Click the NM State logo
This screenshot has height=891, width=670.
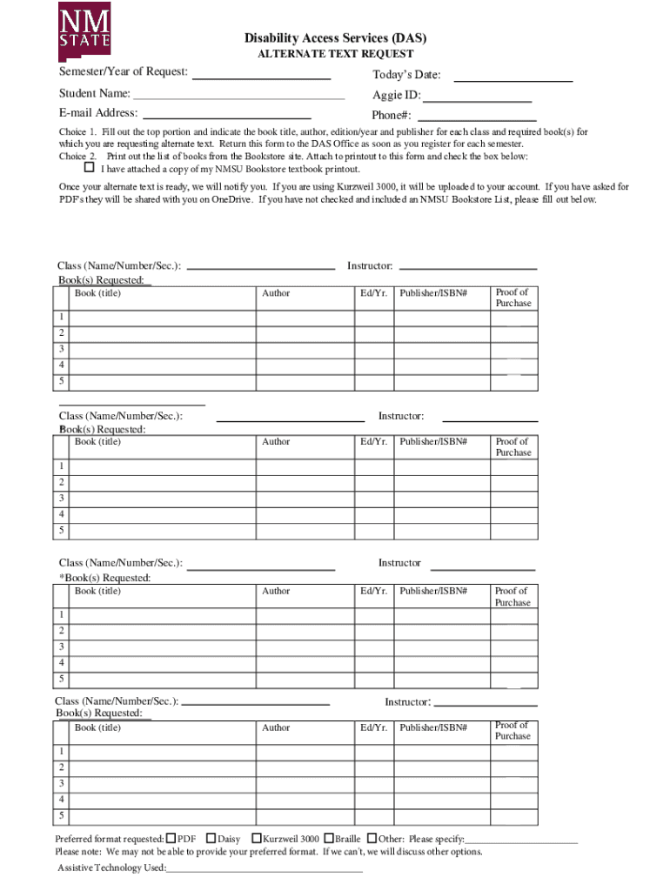click(x=84, y=27)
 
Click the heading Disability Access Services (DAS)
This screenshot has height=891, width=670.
click(x=335, y=38)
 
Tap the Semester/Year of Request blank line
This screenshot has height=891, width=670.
click(x=260, y=77)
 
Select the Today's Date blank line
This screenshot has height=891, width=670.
click(x=513, y=80)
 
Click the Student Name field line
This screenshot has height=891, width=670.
click(x=239, y=98)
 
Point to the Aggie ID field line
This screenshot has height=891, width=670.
click(x=477, y=101)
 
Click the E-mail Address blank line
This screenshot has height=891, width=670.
click(x=226, y=117)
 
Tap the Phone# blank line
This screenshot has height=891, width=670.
click(x=476, y=120)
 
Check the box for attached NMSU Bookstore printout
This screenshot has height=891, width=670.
click(x=89, y=167)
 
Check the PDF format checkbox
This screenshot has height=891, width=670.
click(x=171, y=838)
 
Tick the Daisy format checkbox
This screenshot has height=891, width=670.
click(x=211, y=838)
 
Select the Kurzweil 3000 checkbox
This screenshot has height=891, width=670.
click(x=256, y=838)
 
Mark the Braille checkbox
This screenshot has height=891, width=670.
click(x=329, y=838)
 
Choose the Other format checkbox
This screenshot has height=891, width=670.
click(x=372, y=838)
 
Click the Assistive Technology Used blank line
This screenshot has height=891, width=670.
click(x=265, y=870)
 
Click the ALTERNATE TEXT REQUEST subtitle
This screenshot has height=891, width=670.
click(x=335, y=54)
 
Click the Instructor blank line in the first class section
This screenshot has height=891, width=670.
click(x=467, y=269)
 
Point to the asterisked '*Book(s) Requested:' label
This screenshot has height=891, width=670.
click(x=104, y=578)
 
